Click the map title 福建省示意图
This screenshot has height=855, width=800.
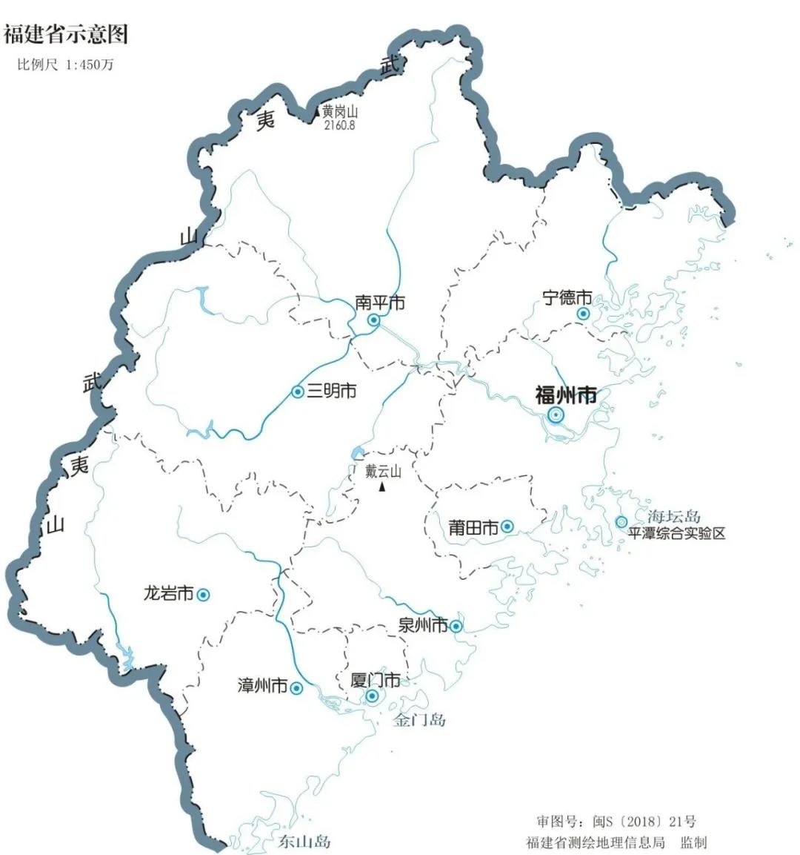coord(66,33)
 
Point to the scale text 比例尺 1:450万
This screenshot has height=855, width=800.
coord(66,65)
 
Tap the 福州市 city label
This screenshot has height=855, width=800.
coord(566,395)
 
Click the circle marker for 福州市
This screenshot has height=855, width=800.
coord(556,415)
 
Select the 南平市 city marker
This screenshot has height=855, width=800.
coord(374,320)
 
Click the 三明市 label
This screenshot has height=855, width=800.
coord(331,391)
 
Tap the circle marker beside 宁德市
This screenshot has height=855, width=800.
coord(584,314)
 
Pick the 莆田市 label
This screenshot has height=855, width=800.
coord(473,527)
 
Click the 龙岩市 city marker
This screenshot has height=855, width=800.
coord(202,594)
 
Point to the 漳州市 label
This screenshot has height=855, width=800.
coord(262,686)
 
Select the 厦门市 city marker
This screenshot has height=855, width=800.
coord(372,696)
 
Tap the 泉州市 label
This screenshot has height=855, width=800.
coord(423,625)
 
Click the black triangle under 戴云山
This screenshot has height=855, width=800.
coord(382,487)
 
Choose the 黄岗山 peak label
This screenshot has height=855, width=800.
coord(340,113)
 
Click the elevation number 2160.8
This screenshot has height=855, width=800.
coord(339,125)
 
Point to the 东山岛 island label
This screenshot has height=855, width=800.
coord(304,842)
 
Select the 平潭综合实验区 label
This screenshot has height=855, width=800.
coord(676,533)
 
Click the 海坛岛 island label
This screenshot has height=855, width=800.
coord(673,517)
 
